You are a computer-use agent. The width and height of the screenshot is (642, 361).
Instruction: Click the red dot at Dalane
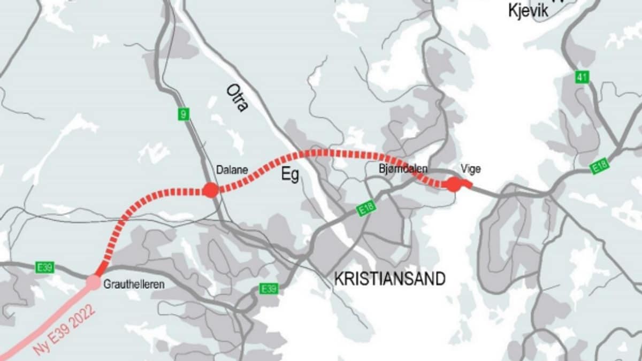[211, 190]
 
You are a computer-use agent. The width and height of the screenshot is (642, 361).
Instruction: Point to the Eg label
[291, 175]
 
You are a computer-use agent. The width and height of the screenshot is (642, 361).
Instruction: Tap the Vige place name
[470, 169]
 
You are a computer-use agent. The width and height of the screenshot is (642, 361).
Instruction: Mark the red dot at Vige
[454, 185]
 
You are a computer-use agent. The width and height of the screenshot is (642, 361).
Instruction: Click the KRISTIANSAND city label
[390, 279]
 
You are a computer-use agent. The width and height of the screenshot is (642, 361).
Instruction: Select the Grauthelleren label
[134, 285]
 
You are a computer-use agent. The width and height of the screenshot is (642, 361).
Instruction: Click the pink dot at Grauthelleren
[94, 282]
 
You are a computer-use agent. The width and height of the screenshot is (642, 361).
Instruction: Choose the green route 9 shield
[184, 113]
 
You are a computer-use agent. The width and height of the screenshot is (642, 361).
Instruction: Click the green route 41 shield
[582, 78]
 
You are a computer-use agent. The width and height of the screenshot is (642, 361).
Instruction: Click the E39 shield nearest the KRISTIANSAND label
[269, 289]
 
